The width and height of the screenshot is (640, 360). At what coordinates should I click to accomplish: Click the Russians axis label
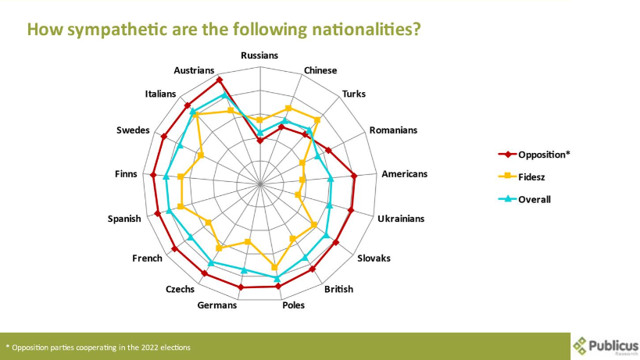click(259, 55)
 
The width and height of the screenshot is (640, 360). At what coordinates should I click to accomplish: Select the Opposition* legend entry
click(534, 155)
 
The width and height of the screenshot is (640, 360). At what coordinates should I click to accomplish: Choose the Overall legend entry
click(524, 199)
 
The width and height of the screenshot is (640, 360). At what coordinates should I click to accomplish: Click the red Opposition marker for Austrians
click(220, 80)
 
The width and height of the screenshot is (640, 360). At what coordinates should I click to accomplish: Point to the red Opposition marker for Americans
click(354, 176)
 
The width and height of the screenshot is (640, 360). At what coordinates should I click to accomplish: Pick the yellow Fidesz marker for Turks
click(317, 120)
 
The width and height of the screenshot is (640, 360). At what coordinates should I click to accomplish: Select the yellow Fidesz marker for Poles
click(274, 268)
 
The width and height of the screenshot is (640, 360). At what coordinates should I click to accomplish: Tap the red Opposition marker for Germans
click(241, 287)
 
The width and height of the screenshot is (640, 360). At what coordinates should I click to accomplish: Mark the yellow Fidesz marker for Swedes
click(201, 155)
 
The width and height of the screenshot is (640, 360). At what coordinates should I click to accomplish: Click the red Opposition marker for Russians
click(259, 141)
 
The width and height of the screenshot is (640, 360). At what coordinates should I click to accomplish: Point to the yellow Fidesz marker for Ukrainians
click(298, 195)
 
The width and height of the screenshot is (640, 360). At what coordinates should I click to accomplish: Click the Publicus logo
click(606, 346)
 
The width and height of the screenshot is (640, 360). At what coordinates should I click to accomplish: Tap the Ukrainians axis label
click(401, 219)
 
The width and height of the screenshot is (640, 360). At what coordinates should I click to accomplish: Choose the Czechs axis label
click(180, 290)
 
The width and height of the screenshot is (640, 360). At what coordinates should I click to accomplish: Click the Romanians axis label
click(394, 130)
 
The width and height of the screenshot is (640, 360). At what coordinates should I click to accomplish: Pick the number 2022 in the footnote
click(149, 348)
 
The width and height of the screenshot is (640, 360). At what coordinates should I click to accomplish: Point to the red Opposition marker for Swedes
click(164, 137)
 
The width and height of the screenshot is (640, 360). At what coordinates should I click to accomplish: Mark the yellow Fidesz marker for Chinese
click(288, 108)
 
